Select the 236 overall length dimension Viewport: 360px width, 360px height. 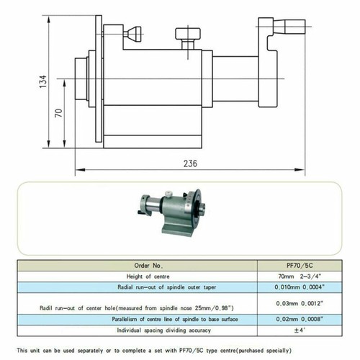coord(190,164)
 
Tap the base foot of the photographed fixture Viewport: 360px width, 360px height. coord(177,230)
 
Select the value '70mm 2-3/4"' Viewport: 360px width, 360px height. coord(300,274)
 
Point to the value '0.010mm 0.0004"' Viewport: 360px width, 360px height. coord(300,286)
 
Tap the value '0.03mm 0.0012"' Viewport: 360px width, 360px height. coord(300,304)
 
